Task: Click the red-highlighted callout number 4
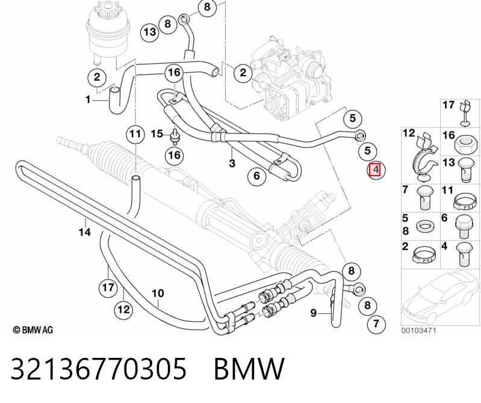(375, 170)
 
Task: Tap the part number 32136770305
(99, 368)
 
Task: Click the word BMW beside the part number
(249, 368)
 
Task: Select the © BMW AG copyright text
(33, 330)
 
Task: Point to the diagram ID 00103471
(418, 330)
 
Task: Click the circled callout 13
(150, 32)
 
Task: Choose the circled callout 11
(135, 134)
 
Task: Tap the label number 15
(157, 134)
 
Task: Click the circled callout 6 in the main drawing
(256, 176)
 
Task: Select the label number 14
(85, 232)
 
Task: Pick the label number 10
(158, 294)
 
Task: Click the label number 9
(313, 313)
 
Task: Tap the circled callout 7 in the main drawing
(376, 324)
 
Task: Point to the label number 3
(232, 163)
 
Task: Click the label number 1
(88, 100)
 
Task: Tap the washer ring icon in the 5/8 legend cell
(424, 227)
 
